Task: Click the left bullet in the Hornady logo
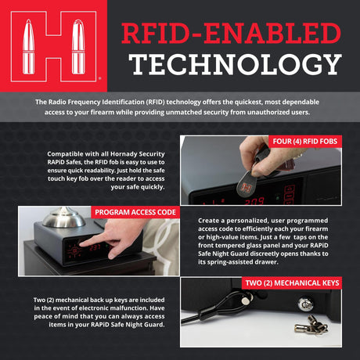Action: click(x=28, y=46)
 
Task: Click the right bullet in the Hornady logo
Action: click(x=78, y=46)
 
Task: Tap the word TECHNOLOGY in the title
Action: click(x=235, y=64)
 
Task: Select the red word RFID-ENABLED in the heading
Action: click(x=231, y=33)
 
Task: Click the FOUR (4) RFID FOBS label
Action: click(x=305, y=142)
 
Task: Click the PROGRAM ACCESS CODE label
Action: click(x=135, y=212)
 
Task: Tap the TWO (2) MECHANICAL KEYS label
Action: click(x=292, y=283)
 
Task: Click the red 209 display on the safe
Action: click(x=254, y=201)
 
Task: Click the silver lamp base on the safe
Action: click(x=63, y=218)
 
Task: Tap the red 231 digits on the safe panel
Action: click(x=95, y=247)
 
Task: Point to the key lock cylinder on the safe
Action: click(x=305, y=304)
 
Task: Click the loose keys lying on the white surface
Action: click(x=311, y=325)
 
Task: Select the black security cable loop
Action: click(x=221, y=307)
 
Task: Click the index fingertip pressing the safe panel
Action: click(x=83, y=244)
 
